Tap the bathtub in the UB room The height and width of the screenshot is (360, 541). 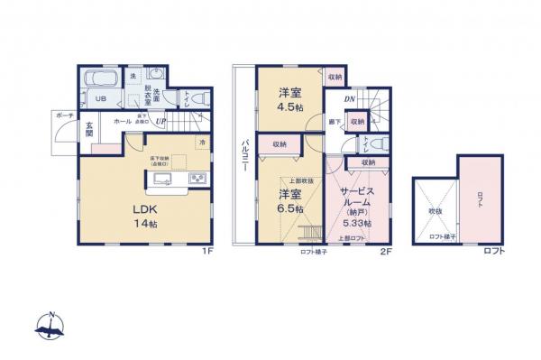(x=96, y=79)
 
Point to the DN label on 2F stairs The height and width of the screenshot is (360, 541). (x=349, y=99)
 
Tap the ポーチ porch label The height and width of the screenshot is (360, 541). (x=64, y=116)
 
